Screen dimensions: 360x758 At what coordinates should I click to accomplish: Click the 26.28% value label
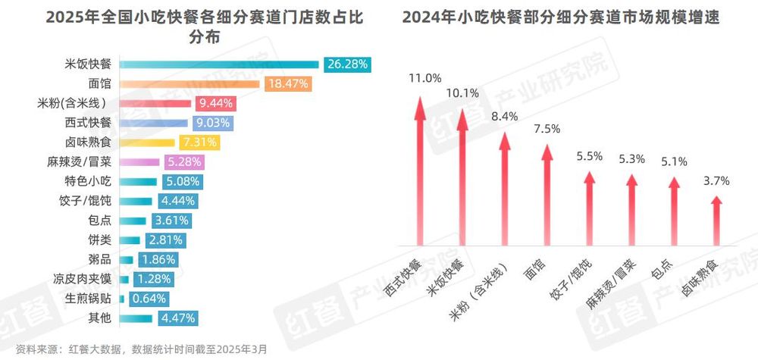(x=347, y=64)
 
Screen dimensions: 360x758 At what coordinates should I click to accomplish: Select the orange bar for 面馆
(x=190, y=84)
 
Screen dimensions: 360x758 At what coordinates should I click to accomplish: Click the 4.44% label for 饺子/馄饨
(x=178, y=201)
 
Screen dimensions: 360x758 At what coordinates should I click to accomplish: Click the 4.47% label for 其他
(x=179, y=317)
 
